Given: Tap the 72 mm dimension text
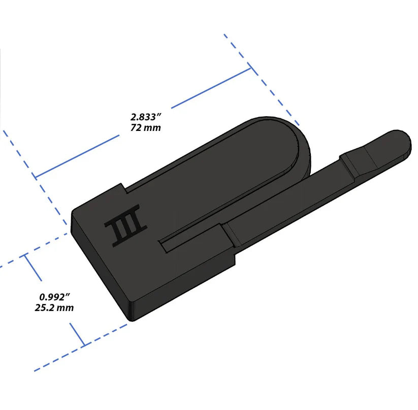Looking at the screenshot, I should [145, 127].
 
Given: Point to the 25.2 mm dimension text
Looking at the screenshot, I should [57, 307].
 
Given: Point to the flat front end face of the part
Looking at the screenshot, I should [99, 269].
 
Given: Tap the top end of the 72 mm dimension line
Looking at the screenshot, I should [250, 69].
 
